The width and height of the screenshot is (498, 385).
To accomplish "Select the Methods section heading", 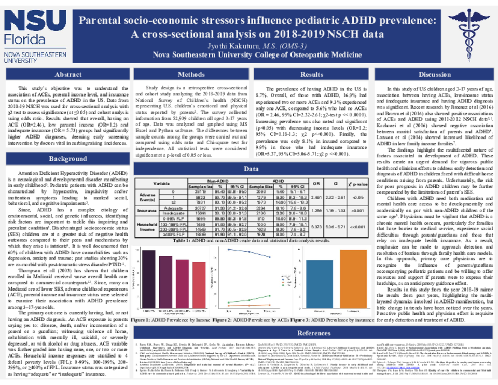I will click(x=191, y=74).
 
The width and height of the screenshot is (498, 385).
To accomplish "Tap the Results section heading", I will click(x=312, y=74).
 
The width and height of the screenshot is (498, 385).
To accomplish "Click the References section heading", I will click(x=313, y=333).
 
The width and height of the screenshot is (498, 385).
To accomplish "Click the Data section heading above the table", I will click(x=251, y=169).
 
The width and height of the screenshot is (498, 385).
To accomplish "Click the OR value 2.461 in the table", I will click(x=319, y=197).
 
